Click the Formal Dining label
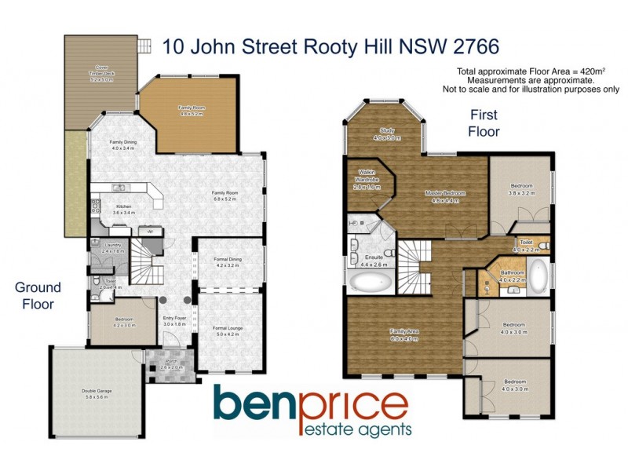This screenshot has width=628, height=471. [228, 263]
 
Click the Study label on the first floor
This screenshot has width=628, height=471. [386, 134]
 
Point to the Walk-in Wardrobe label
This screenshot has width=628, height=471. [367, 179]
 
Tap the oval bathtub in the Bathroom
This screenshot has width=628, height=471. [539, 276]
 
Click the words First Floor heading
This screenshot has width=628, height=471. [484, 124]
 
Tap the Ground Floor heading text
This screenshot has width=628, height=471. [35, 296]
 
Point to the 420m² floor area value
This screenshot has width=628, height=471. [585, 71]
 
